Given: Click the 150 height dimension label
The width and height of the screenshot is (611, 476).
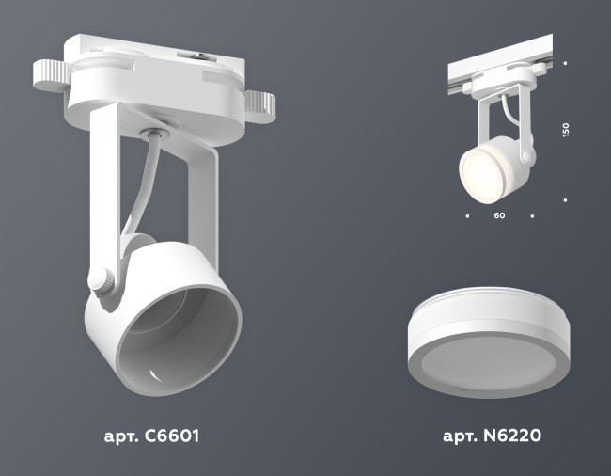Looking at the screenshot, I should [565, 131].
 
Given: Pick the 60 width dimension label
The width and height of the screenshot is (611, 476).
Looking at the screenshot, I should [499, 216].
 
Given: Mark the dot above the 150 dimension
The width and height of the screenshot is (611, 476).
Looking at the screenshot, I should [565, 63].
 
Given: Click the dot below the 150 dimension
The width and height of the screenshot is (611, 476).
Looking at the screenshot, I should [565, 198].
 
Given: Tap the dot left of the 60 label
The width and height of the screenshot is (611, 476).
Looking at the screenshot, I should [467, 216].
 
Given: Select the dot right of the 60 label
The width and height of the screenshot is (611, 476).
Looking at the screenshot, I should [532, 216].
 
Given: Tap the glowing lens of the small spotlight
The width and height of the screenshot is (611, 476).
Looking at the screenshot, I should [477, 169].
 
